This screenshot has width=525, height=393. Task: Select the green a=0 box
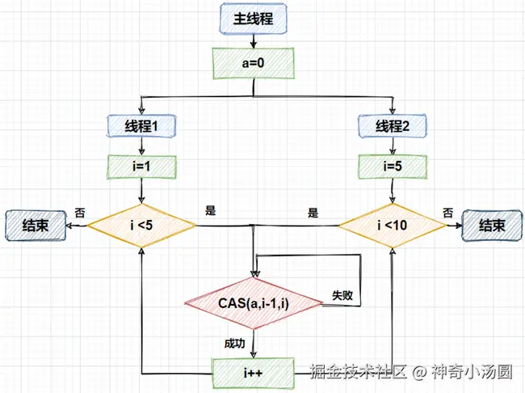click(x=254, y=61)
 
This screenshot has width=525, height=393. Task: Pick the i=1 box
click(x=141, y=167)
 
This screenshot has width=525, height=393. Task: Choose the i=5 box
click(x=393, y=167)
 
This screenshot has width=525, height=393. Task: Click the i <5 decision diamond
click(x=141, y=224)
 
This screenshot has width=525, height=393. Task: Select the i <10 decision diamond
click(x=393, y=224)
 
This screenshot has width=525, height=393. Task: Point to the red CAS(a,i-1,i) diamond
click(x=254, y=303)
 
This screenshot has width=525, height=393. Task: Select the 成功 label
click(x=234, y=344)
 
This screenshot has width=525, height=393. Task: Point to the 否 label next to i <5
click(x=80, y=213)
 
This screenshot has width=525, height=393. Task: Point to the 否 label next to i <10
click(x=447, y=213)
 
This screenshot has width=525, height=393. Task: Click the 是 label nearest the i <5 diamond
click(x=211, y=211)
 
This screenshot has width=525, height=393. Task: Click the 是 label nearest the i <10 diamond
click(x=313, y=213)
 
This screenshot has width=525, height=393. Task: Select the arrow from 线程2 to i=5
click(x=393, y=146)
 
